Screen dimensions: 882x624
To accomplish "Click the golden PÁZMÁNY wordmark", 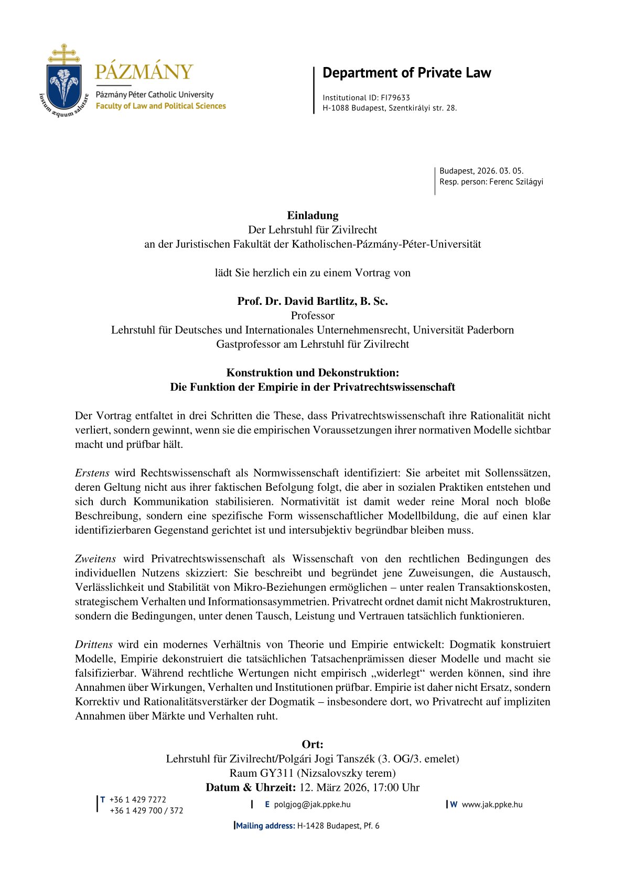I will click(144, 72).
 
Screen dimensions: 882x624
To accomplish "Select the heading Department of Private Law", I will click(406, 73).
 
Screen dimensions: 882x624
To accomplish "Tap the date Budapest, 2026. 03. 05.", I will click(481, 171).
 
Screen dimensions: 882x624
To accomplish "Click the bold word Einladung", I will click(313, 215).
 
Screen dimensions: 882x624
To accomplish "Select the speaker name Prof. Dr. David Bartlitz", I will click(296, 301).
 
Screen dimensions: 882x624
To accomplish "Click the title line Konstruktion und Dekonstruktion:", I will click(313, 373).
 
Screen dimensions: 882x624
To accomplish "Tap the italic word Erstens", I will click(92, 473).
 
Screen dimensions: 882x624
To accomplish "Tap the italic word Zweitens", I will click(95, 559).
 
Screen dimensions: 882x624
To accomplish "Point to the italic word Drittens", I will click(93, 645).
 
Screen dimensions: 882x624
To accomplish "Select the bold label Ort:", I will click(313, 744).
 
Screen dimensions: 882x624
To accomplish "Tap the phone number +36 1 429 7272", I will click(137, 800).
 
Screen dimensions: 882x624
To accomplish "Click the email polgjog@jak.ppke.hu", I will click(312, 804).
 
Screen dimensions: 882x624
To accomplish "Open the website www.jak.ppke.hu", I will click(492, 804).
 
